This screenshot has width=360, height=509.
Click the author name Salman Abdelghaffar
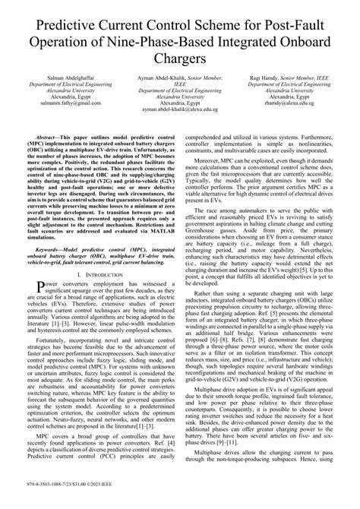(65, 78)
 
